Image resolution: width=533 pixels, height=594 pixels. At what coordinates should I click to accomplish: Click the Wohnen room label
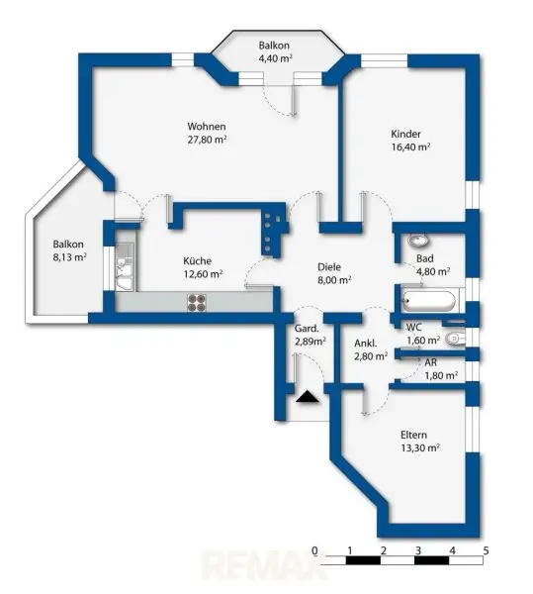208,127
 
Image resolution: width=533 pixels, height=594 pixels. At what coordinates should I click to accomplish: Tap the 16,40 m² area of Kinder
410,147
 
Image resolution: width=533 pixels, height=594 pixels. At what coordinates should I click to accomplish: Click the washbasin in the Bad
416,242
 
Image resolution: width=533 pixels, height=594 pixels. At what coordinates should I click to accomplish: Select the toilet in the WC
454,339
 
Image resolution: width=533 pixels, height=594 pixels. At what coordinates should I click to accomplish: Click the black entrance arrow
308,397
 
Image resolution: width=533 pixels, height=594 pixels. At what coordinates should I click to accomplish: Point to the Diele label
329,265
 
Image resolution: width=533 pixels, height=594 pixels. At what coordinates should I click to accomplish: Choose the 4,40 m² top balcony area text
275,59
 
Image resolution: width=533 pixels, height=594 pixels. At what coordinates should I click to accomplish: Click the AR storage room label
431,362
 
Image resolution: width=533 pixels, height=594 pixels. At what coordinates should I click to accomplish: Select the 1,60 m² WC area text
423,341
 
